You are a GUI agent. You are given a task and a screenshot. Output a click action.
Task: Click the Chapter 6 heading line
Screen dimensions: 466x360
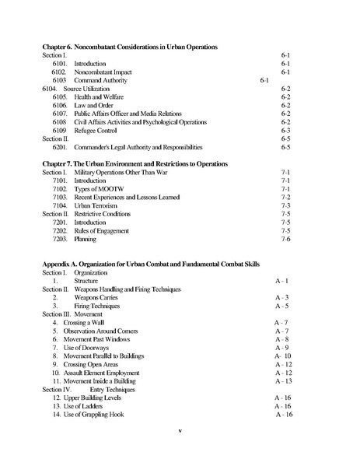pos(129,47)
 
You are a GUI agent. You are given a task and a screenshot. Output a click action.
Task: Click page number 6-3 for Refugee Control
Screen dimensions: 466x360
pos(285,130)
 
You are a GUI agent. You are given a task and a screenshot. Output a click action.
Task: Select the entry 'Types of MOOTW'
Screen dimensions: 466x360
pos(98,188)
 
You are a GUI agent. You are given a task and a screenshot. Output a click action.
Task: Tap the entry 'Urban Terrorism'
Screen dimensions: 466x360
pos(98,205)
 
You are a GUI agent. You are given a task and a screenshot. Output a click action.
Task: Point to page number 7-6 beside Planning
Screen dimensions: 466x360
pos(285,239)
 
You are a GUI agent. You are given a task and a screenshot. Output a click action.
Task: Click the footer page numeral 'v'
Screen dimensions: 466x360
pos(179,429)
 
